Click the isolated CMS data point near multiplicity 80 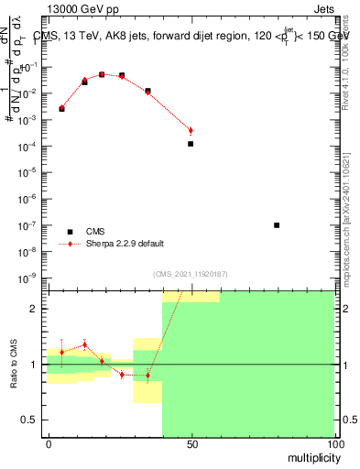277,224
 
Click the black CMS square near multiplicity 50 191,144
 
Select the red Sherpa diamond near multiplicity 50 191,130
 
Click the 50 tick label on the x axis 191,444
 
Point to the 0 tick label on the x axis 49,444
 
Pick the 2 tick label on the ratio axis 34,309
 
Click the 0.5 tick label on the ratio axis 29,420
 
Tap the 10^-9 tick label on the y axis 27,278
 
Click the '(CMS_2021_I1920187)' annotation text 191,274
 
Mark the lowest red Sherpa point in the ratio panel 147,376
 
